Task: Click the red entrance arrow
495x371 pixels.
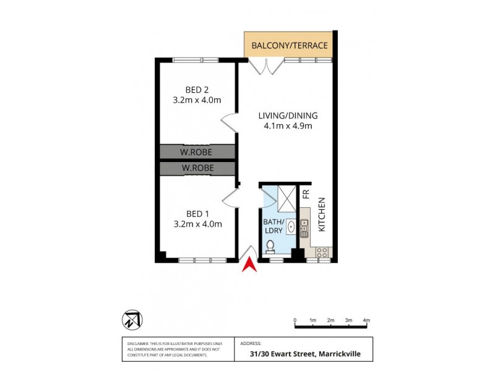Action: [x=249, y=265]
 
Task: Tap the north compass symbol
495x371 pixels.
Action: [x=132, y=320]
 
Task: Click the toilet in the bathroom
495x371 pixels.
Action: [x=269, y=247]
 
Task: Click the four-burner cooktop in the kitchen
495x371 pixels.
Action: [x=322, y=252]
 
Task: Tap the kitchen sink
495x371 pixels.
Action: [x=304, y=230]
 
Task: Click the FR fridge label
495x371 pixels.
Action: [x=306, y=194]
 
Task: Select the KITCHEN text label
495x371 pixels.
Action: [x=321, y=215]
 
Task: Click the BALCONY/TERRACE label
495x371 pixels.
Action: [x=289, y=46]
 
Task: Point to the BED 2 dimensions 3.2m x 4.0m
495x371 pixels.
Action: [x=197, y=100]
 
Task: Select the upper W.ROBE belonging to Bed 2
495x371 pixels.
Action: [x=197, y=151]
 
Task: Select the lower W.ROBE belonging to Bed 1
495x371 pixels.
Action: [x=197, y=168]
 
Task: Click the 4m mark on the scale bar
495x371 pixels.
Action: [x=367, y=320]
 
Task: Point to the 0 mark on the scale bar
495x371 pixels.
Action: [x=295, y=320]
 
